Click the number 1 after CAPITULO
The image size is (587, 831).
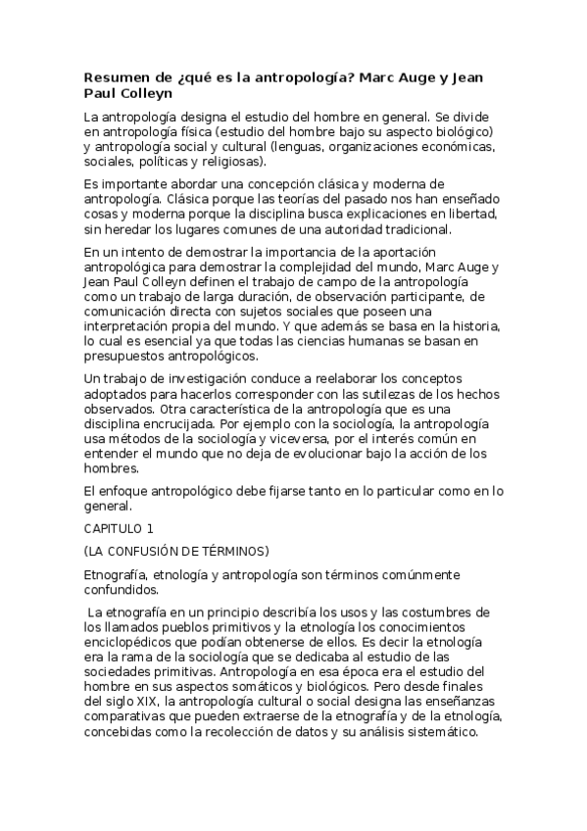click(x=150, y=528)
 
